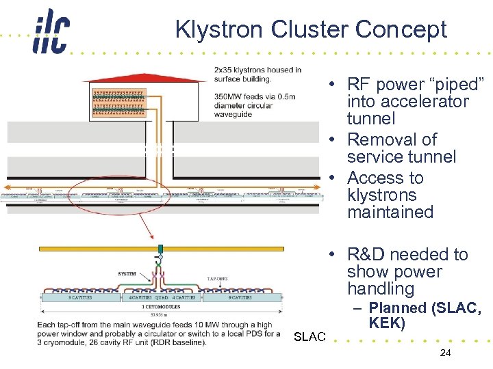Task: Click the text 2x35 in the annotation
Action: tap(225, 70)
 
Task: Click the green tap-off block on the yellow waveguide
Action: tap(160, 249)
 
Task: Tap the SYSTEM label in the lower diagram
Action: tap(126, 273)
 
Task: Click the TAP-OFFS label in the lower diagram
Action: tap(217, 279)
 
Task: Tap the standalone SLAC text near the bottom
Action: tap(309, 337)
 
